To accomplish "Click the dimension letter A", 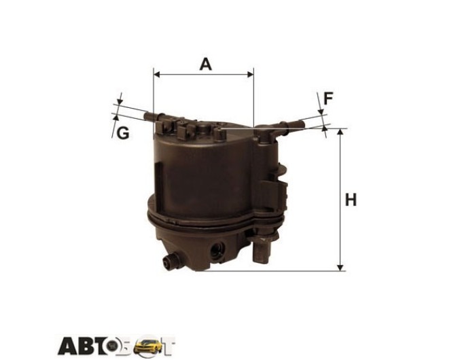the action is [x=205, y=65].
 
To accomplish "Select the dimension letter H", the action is [x=351, y=200].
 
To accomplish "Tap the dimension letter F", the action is [x=328, y=98].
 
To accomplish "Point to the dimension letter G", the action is [x=123, y=133].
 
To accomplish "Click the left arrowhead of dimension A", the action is [x=157, y=74].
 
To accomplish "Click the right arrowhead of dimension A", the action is [x=251, y=74].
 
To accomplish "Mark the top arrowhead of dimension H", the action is [x=340, y=132].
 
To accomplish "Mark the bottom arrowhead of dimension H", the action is [x=340, y=268].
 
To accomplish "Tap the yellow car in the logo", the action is [x=147, y=346].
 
